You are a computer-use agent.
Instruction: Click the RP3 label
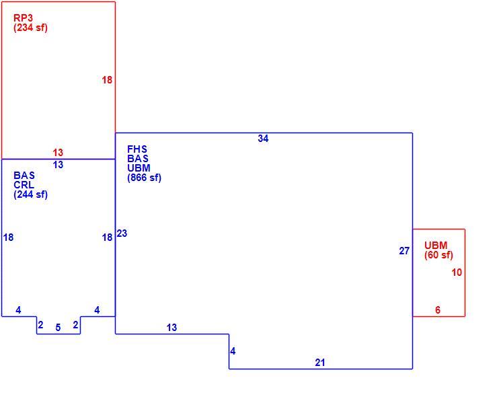pyautogui.click(x=23, y=17)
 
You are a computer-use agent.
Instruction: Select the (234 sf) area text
pyautogui.click(x=30, y=28)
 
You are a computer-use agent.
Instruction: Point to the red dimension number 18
pyautogui.click(x=107, y=80)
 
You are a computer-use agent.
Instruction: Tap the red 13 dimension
pyautogui.click(x=58, y=153)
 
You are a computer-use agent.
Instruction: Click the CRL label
pyautogui.click(x=24, y=185)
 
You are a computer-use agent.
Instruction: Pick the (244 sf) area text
pyautogui.click(x=30, y=194)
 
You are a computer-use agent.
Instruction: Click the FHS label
pyautogui.click(x=137, y=149)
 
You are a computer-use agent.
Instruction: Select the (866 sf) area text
pyautogui.click(x=144, y=178)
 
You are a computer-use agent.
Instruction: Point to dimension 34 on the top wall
pyautogui.click(x=263, y=139)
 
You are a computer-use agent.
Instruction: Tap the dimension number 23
pyautogui.click(x=122, y=233)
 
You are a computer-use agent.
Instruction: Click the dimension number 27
pyautogui.click(x=404, y=251)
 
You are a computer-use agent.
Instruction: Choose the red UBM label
pyautogui.click(x=436, y=246)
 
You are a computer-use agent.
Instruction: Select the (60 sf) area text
pyautogui.click(x=438, y=255)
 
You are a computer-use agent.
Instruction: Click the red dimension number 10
pyautogui.click(x=457, y=272)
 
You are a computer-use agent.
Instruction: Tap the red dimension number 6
pyautogui.click(x=438, y=310)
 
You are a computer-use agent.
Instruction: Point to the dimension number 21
pyautogui.click(x=320, y=363)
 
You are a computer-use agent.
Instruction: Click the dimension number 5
pyautogui.click(x=58, y=328)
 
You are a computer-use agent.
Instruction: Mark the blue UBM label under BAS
pyautogui.click(x=139, y=168)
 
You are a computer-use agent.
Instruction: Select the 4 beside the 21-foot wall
pyautogui.click(x=233, y=351)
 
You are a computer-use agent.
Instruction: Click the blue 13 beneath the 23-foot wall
pyautogui.click(x=171, y=328)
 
